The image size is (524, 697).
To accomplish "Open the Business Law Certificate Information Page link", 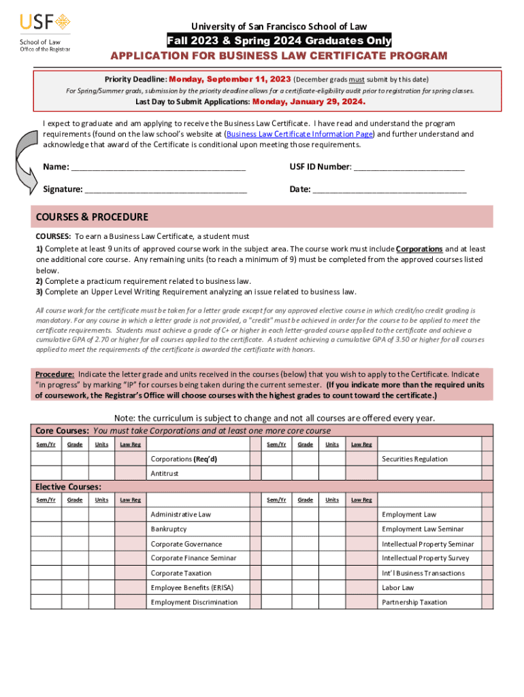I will point(299,134).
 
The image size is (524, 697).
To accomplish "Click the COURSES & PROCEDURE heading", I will point(92,217).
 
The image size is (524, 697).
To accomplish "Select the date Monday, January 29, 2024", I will point(308,102).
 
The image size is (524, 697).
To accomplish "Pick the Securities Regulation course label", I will point(414,459).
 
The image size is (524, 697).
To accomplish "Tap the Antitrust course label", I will point(165,473).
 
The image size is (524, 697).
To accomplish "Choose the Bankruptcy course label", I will point(169,529).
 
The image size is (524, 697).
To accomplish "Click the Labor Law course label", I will point(397,587).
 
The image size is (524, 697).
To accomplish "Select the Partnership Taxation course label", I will point(414,602).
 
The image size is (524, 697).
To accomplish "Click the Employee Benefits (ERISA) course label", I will point(189,587).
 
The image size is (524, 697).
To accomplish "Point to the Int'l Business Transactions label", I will point(423,573).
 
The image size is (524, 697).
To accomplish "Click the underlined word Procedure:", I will point(54,374).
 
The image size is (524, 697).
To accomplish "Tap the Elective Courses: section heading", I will point(68,487).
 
